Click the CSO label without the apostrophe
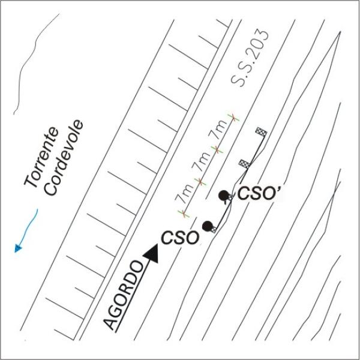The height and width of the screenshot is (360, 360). [x=179, y=238]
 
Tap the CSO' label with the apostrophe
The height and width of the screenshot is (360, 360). [x=256, y=193]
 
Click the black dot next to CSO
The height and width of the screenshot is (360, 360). [x=208, y=226]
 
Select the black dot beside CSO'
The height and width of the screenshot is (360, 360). [x=223, y=195]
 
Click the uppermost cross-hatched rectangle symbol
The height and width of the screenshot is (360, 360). [x=260, y=131]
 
